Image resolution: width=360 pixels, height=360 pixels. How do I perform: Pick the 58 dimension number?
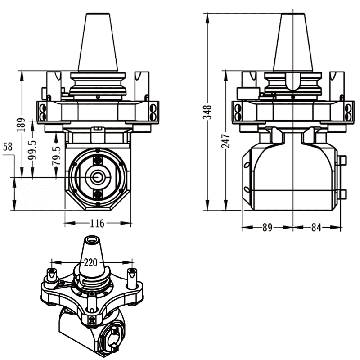pos(8,147)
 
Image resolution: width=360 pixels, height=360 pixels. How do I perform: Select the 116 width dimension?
pos(97,223)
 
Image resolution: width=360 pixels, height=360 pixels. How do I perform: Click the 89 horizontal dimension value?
pos(267,228)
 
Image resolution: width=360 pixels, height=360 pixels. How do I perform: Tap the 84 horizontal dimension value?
pos(316,228)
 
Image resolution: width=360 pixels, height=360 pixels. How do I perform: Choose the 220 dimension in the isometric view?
pos(91,262)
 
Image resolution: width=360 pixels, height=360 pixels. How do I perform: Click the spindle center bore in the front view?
pos(97,178)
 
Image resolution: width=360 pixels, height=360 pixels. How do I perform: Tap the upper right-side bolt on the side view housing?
pos(343,160)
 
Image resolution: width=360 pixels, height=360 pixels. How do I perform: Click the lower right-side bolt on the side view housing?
pos(343,194)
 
